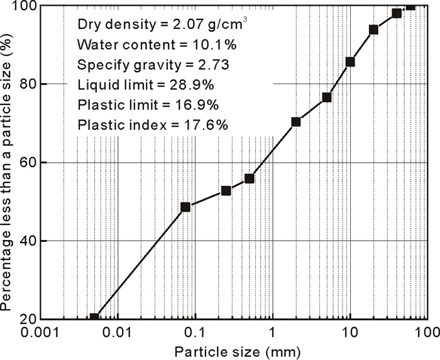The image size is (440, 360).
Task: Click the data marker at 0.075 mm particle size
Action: (185, 207)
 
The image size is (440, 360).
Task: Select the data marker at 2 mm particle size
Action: (296, 122)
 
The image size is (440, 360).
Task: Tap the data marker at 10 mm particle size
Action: (350, 62)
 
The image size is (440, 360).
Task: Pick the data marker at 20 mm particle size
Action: (373, 30)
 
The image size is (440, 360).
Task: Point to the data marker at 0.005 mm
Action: (94, 317)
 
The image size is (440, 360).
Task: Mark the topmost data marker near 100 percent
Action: (410, 6)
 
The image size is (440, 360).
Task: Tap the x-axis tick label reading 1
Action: (273, 331)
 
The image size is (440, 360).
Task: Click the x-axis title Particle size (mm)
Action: (233, 349)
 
